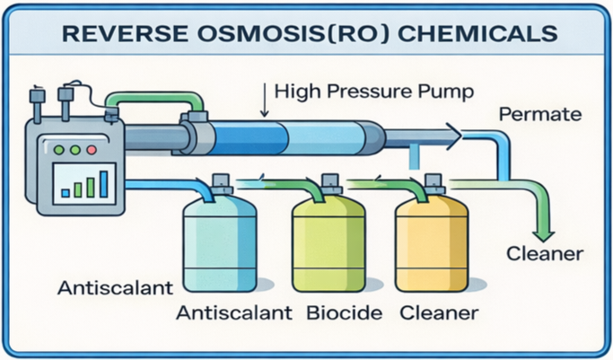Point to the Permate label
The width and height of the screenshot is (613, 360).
[x=540, y=115]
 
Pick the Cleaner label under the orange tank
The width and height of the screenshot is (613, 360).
[x=438, y=314]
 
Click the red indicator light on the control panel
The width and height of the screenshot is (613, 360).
[x=90, y=151]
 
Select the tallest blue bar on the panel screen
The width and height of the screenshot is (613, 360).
[x=104, y=183]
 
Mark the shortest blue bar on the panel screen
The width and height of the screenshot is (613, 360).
[x=66, y=191]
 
